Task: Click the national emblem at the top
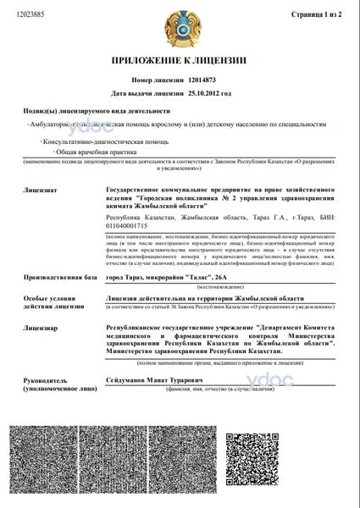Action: [x=179, y=25]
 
